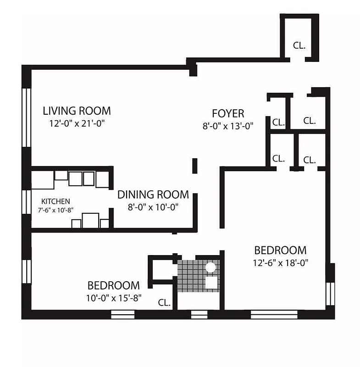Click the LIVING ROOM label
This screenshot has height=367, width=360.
(77, 111)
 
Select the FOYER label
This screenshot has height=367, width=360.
(228, 113)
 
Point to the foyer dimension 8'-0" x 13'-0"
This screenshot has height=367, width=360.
(228, 125)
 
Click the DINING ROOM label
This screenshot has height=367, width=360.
(153, 194)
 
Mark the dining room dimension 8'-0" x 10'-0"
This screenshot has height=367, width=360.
(153, 206)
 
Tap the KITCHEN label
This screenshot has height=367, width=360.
(55, 201)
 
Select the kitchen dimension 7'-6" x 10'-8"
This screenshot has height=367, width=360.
(55, 209)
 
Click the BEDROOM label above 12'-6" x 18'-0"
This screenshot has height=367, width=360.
(280, 250)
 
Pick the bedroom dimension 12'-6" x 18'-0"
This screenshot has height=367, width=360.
(280, 263)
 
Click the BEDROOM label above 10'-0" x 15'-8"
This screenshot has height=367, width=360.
(114, 285)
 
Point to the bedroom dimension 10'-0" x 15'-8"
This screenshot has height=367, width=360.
(114, 297)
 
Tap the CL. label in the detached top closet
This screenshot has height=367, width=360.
(299, 46)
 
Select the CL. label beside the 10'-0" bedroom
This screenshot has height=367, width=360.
(164, 303)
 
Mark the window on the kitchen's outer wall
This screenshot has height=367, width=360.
(26, 202)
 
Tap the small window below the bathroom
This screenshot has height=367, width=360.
(199, 315)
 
